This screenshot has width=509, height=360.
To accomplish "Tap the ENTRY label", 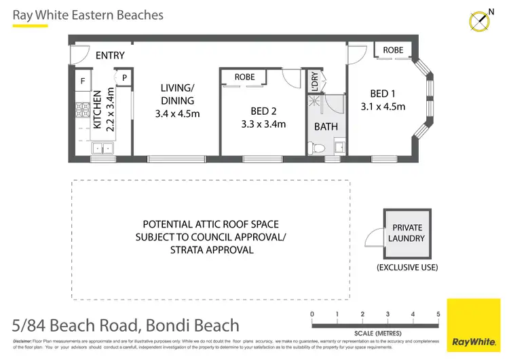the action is [110, 56].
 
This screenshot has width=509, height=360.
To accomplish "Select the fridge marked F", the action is [83, 80].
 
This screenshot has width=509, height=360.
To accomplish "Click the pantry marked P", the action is [124, 78].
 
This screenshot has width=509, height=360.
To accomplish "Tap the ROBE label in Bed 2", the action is [244, 77].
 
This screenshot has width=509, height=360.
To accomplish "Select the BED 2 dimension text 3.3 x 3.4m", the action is [263, 124].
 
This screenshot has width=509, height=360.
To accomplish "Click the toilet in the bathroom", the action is [314, 147].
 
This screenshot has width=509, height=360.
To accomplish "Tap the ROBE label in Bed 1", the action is [393, 50].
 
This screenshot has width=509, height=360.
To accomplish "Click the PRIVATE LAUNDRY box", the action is [407, 233].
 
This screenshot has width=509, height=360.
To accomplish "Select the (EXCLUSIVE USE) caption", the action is [406, 268].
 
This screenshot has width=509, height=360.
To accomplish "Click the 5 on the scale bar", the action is [438, 314].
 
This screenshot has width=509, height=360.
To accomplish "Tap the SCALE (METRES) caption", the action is [375, 334].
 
